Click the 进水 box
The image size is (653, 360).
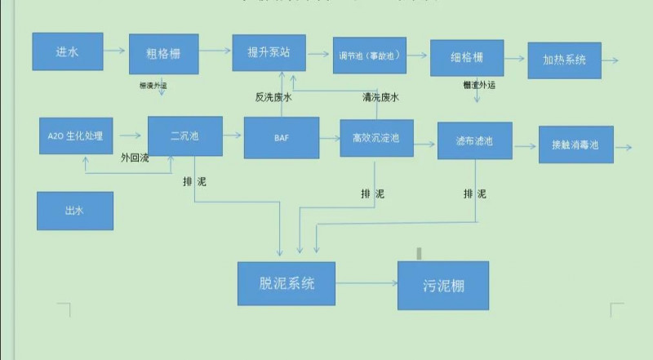click(x=67, y=51)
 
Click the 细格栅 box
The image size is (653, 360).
click(x=466, y=58)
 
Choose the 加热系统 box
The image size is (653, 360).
click(x=564, y=60)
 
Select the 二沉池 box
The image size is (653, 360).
click(x=184, y=136)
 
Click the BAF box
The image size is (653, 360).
click(x=282, y=138)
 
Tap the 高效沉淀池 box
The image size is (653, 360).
click(x=377, y=139)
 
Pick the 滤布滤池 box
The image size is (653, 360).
click(x=474, y=142)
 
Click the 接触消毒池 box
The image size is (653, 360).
click(x=575, y=144)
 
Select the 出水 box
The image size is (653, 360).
click(x=75, y=211)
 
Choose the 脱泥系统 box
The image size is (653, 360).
click(x=287, y=283)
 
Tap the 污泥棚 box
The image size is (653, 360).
click(x=443, y=286)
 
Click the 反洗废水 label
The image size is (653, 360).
click(x=273, y=98)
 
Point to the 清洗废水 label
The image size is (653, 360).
click(x=380, y=98)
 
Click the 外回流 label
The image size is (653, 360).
click(x=135, y=157)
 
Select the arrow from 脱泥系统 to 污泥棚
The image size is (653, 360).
click(x=366, y=284)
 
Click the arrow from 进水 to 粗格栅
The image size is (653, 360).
click(x=115, y=51)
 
